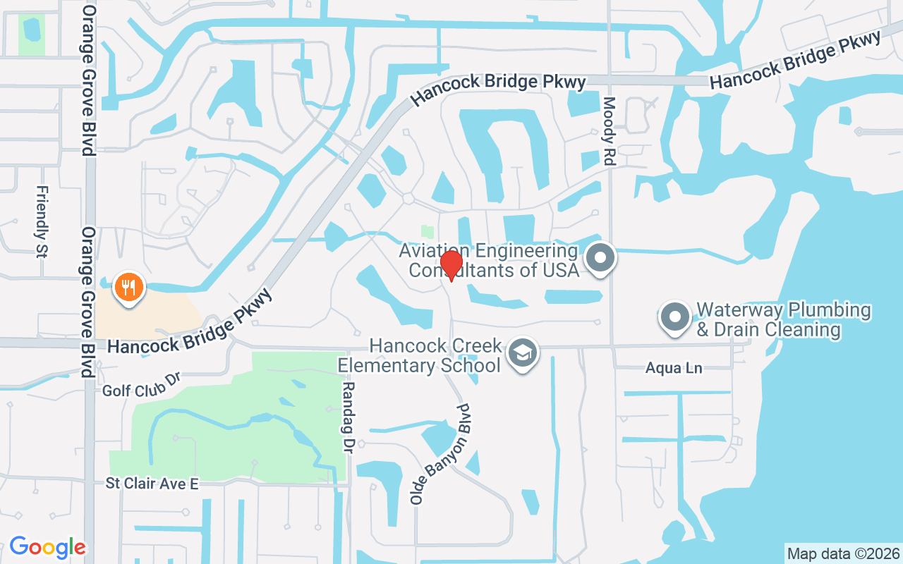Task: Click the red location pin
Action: pyautogui.click(x=451, y=264)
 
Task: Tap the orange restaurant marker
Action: pyautogui.click(x=128, y=288)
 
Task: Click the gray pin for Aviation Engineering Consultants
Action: pyautogui.click(x=600, y=257)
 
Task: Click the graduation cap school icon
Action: pyautogui.click(x=523, y=353)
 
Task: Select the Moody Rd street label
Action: pyautogui.click(x=610, y=131)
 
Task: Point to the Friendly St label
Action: pyautogui.click(x=42, y=221)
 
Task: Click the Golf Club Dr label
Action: pyautogui.click(x=142, y=385)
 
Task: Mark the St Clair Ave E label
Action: pyautogui.click(x=152, y=484)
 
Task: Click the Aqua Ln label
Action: pyautogui.click(x=674, y=368)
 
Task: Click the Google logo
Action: pyautogui.click(x=47, y=547)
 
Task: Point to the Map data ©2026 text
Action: pyautogui.click(x=843, y=553)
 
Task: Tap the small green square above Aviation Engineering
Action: pyautogui.click(x=427, y=231)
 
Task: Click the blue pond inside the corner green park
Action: pyautogui.click(x=31, y=29)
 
